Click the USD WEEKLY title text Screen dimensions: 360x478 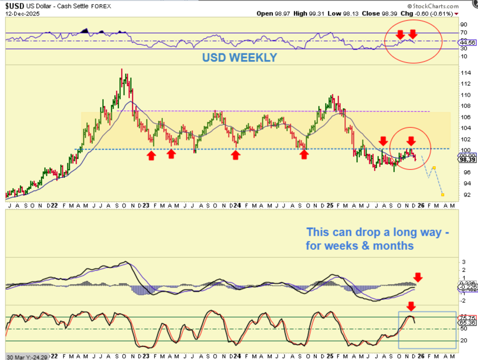click(x=239, y=58)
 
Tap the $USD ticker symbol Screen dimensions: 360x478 click(x=15, y=6)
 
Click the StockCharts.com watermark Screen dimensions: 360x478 click(x=433, y=6)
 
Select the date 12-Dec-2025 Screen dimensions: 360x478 click(x=22, y=14)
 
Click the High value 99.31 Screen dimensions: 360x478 click(x=316, y=14)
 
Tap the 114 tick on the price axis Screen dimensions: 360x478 click(x=465, y=73)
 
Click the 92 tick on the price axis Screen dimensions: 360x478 click(x=467, y=195)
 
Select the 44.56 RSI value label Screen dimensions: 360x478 click(x=467, y=43)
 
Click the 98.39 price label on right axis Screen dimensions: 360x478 click(x=467, y=160)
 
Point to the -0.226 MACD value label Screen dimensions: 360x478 click(x=468, y=287)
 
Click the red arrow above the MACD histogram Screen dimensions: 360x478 click(x=418, y=277)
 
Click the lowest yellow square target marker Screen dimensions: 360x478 click(x=443, y=195)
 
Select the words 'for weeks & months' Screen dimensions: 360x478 click(x=359, y=246)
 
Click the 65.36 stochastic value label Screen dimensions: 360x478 click(x=467, y=323)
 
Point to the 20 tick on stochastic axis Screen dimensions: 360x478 click(x=464, y=340)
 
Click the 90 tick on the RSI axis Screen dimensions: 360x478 click(x=464, y=24)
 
